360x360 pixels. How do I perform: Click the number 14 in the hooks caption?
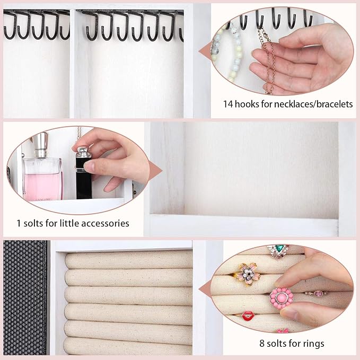[228, 104]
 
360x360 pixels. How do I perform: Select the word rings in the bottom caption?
[313, 344]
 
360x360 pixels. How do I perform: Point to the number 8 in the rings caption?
[262, 344]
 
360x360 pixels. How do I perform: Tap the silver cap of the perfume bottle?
[40, 145]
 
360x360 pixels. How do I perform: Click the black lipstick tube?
[84, 173]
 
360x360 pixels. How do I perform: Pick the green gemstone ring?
[278, 251]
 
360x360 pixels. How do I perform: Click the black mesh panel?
[25, 297]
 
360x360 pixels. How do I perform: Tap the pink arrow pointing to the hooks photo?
[205, 51]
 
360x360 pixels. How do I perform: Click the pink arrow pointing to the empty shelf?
[155, 171]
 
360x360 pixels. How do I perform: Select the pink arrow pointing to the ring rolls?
[205, 291]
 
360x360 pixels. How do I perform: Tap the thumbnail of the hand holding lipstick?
[78, 170]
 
